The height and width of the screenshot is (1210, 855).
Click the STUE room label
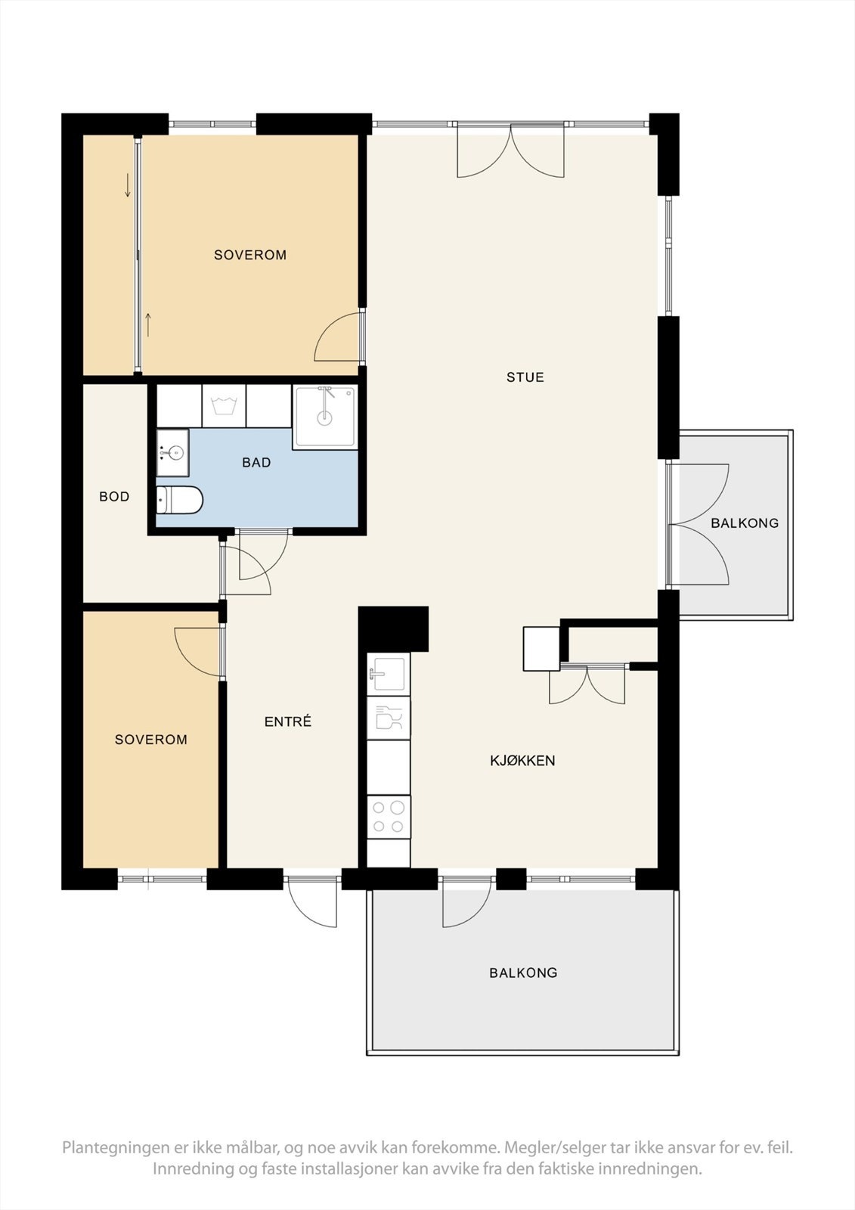(525, 377)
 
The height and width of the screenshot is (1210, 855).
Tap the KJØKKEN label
(522, 761)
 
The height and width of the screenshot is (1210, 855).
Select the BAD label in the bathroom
(256, 462)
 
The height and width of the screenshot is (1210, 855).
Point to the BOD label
(114, 496)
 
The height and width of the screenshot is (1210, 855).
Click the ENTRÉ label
(288, 721)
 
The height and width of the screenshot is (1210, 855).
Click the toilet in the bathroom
(179, 500)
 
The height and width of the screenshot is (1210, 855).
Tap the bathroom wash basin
(173, 453)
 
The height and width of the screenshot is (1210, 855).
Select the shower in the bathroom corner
(324, 417)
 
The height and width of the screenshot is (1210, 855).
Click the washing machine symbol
(224, 405)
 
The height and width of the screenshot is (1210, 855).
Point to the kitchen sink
(389, 674)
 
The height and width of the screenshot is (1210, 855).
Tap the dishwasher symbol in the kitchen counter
(389, 718)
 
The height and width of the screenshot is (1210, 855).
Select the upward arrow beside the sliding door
(148, 324)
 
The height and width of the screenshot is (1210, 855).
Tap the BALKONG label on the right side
(745, 523)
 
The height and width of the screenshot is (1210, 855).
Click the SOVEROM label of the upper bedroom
(250, 255)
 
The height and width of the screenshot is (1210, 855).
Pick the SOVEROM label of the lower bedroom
(150, 740)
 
